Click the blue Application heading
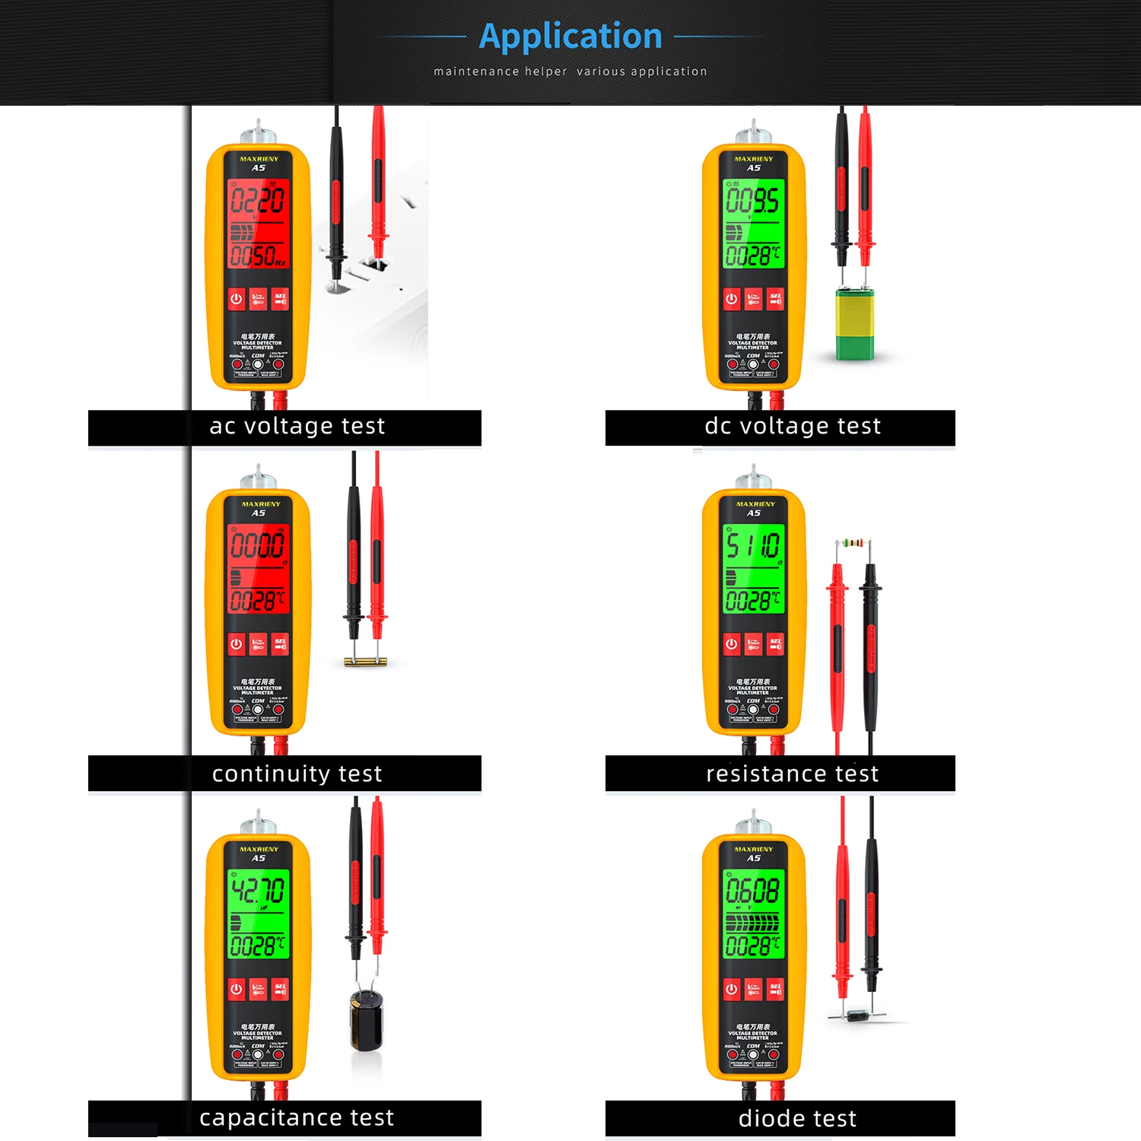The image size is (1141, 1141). (x=570, y=37)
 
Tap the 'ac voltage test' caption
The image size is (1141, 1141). (x=297, y=426)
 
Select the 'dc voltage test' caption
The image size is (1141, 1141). (x=793, y=426)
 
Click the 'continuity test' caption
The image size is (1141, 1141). (x=297, y=774)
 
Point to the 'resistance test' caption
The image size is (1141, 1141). (x=792, y=774)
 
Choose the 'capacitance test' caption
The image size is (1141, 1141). (x=297, y=1117)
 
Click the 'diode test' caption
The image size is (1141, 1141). (x=797, y=1118)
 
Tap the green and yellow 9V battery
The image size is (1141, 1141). (x=855, y=323)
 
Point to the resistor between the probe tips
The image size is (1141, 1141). (x=853, y=543)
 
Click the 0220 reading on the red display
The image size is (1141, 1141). (x=257, y=201)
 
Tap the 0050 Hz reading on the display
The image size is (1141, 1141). (x=257, y=256)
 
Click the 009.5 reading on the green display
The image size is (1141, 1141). (x=752, y=201)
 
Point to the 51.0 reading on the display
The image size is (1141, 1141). (x=752, y=545)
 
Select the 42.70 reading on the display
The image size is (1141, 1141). (x=258, y=890)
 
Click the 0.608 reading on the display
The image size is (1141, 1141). (x=752, y=890)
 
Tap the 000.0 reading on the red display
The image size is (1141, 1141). (x=257, y=545)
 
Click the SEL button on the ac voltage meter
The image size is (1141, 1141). (x=280, y=299)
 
